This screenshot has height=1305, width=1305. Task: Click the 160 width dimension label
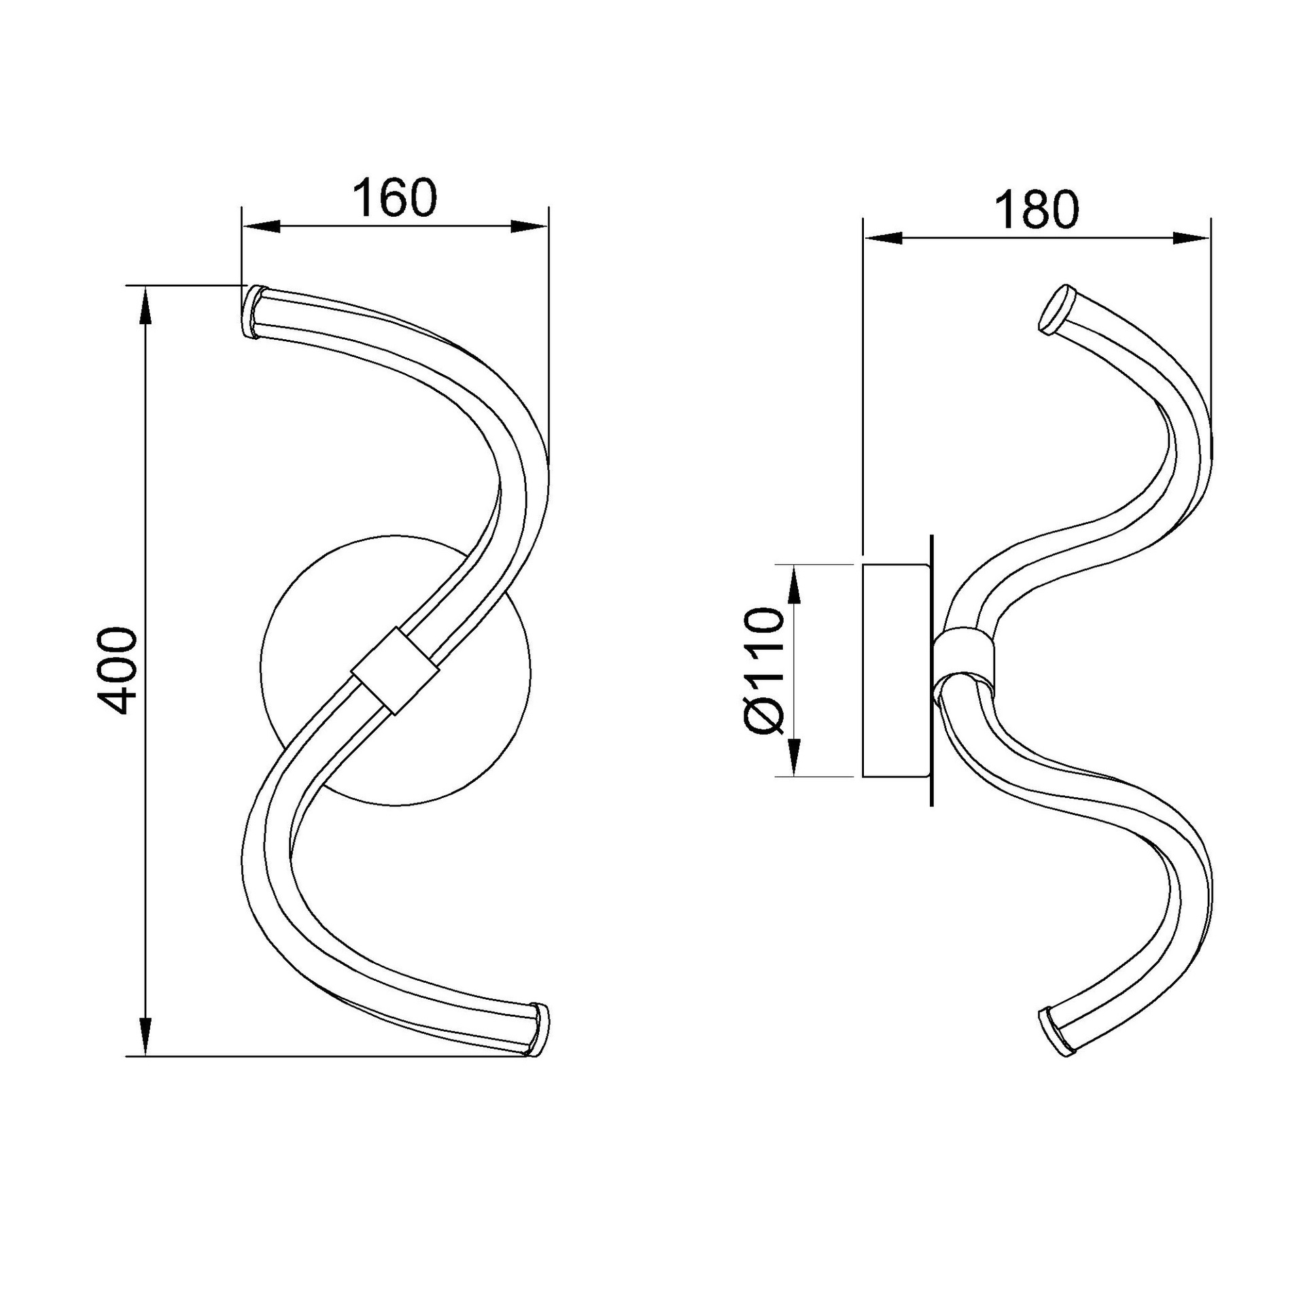[x=394, y=198]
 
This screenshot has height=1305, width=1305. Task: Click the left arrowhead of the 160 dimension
[x=262, y=227]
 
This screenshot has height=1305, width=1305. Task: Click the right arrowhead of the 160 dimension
[x=530, y=227]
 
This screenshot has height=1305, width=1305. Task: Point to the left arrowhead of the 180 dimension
[x=882, y=238]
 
